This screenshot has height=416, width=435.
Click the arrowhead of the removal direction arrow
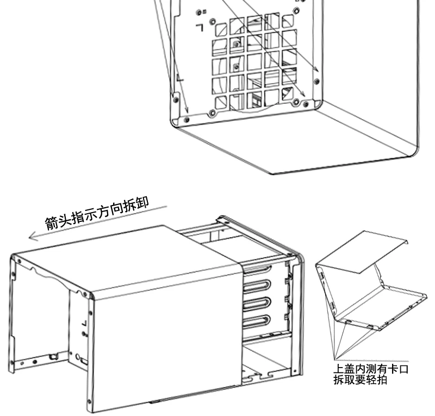33,237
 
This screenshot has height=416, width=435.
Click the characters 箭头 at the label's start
58,221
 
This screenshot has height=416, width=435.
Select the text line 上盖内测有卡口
371,369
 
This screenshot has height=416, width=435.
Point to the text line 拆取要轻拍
360,380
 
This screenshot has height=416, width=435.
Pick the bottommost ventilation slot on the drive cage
257,321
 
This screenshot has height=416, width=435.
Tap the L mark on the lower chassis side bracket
84,324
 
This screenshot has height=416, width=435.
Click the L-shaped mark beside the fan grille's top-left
200,28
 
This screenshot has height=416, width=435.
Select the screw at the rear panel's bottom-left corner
187,120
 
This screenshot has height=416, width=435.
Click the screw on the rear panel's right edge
316,82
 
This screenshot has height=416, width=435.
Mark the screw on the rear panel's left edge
176,100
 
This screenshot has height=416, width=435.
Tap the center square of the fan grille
254,61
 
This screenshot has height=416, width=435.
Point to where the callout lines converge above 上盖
335,360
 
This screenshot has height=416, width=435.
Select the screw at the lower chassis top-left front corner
19,261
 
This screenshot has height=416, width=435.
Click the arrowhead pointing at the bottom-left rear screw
187,111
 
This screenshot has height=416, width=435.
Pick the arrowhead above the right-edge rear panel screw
316,70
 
